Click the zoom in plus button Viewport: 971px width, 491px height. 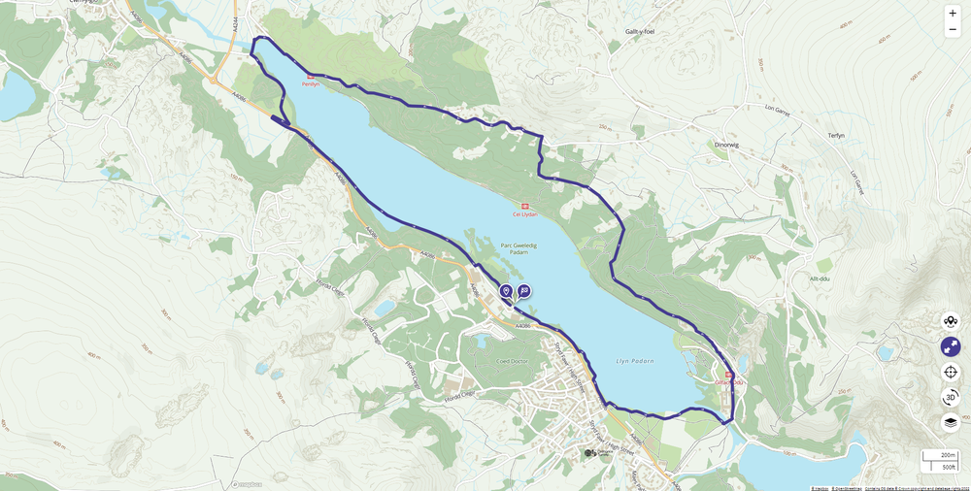point(952,14)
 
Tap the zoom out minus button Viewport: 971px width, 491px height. point(952,30)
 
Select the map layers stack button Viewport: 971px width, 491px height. point(951,422)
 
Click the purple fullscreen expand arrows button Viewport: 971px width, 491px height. point(951,346)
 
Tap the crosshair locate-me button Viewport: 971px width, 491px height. point(951,372)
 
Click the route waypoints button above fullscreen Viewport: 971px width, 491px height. point(951,321)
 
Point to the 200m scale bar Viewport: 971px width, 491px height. point(939,455)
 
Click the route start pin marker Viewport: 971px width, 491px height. point(506,291)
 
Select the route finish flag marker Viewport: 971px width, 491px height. point(524,290)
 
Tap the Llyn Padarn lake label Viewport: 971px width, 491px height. point(635,361)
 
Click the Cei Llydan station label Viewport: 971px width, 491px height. point(524,214)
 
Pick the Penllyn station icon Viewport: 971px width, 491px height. point(311,77)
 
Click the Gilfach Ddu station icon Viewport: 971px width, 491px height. point(729,375)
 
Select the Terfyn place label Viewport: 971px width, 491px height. point(838,135)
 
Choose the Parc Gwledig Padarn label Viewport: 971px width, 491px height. point(519,248)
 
